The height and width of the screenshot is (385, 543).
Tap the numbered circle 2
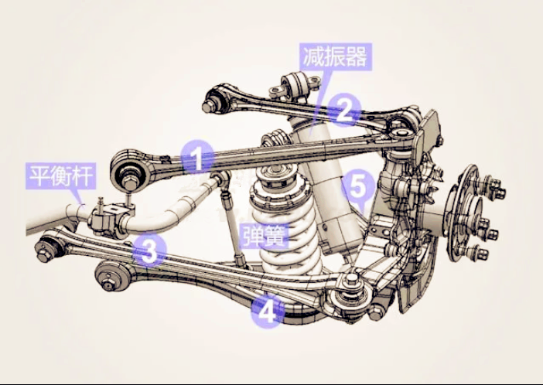(344, 110)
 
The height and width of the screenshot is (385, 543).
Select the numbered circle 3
(149, 250)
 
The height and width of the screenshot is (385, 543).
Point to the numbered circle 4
(268, 312)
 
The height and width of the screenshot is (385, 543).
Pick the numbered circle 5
(358, 186)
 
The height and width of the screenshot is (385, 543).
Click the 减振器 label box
(335, 56)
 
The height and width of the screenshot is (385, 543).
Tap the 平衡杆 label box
(60, 176)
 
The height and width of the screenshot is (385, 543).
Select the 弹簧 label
(265, 236)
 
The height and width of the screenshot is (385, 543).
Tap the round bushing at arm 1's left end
(129, 171)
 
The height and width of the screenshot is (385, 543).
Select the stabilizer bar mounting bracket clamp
(109, 219)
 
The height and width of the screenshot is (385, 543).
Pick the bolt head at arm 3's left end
(43, 256)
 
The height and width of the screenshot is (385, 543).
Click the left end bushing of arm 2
(215, 99)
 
